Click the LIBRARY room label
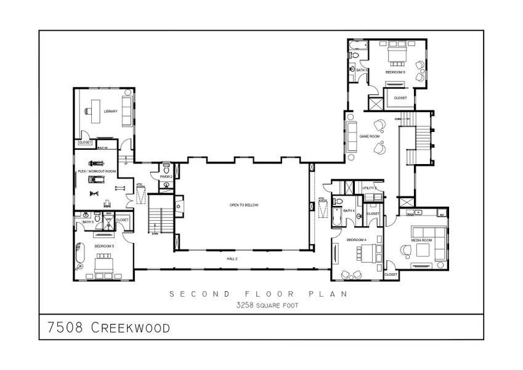[x=111, y=112]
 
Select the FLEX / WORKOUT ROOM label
[x=97, y=171]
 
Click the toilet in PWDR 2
[x=166, y=184]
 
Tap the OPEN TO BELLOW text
[x=243, y=204]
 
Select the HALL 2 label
[x=233, y=259]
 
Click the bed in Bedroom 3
[x=394, y=59]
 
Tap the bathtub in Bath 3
[x=357, y=46]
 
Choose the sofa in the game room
[x=353, y=136]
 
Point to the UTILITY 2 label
[x=370, y=187]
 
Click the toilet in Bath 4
[x=338, y=202]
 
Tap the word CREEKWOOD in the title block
[x=130, y=327]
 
